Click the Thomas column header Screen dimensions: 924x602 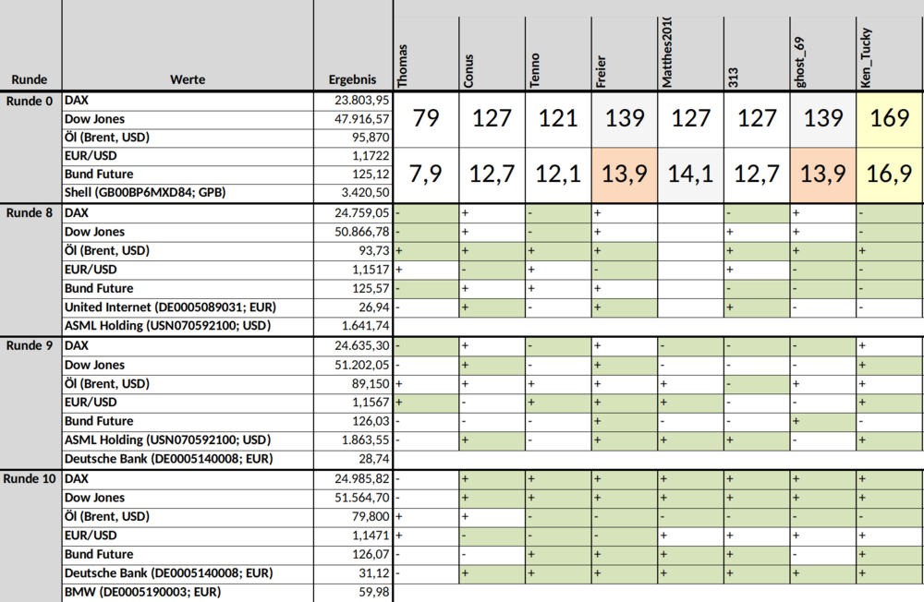point(403,66)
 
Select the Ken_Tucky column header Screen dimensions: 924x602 point(865,58)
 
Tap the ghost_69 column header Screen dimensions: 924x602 point(799,63)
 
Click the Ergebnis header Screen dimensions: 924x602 point(352,79)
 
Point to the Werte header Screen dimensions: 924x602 point(188,79)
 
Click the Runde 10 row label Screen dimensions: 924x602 point(30,478)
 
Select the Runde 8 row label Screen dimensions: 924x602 point(30,212)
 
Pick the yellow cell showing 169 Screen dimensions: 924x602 point(889,118)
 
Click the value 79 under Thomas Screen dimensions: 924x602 point(425,118)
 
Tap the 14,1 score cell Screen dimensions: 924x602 point(690,174)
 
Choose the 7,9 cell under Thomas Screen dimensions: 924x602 point(425,174)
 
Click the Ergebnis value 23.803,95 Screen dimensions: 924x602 point(362,100)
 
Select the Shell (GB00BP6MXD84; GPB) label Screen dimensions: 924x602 point(145,192)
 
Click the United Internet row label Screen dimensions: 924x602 point(170,307)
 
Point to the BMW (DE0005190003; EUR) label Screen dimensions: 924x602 point(142,592)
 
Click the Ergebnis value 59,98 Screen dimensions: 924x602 point(374,592)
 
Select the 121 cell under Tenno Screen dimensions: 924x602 point(558,118)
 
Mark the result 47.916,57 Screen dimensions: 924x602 point(362,119)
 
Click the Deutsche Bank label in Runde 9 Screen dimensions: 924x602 point(168,459)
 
